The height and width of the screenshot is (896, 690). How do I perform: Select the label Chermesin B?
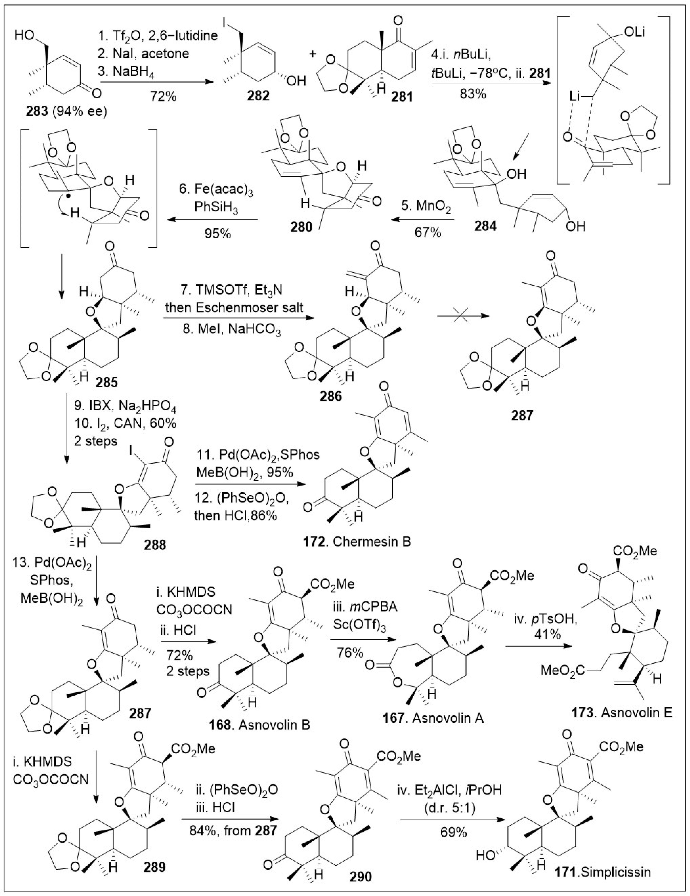[x=372, y=541]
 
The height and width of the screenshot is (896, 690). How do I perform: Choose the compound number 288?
[x=155, y=545]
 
